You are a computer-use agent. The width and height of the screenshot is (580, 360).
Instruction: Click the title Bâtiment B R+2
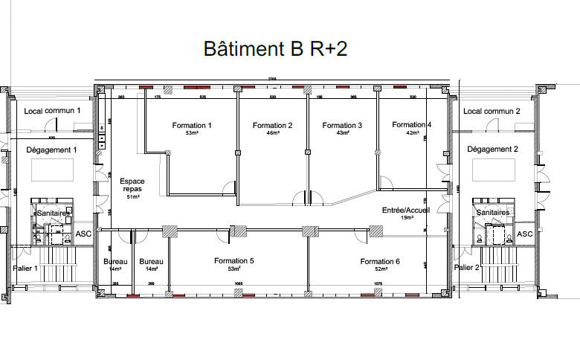coord(275,49)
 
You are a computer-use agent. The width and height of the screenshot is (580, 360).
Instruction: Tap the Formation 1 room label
coord(192,125)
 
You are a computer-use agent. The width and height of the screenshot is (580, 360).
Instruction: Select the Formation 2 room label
coord(272,125)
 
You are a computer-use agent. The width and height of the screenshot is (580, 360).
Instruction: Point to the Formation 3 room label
coord(342,126)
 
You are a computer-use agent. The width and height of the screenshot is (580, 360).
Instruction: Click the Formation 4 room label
coord(412,124)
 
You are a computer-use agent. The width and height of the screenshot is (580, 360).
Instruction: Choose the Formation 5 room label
coord(233,261)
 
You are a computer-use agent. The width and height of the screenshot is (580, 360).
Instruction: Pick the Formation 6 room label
coord(380,262)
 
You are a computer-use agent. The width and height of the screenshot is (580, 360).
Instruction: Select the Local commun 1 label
coord(52,111)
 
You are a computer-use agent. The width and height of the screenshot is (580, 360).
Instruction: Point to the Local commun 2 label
coord(492,112)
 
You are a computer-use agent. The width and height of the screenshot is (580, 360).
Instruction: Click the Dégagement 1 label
coord(52,150)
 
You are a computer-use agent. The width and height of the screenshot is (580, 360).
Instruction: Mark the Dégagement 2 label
coord(492,149)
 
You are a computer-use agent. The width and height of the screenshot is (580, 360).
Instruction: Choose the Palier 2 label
coord(466,267)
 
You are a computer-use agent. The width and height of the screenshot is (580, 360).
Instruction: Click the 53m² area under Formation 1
coord(192,134)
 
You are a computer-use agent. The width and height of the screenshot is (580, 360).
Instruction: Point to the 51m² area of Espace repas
coord(132,197)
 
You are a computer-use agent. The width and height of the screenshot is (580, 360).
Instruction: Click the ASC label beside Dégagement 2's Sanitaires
coord(525,234)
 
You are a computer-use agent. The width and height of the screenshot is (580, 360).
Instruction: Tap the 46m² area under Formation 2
coord(272,134)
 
